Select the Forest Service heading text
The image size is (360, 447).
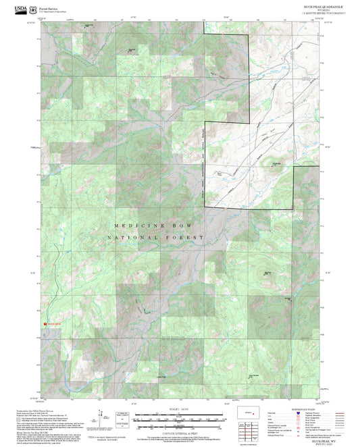point(48,9)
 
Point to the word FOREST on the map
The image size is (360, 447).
point(189,238)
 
